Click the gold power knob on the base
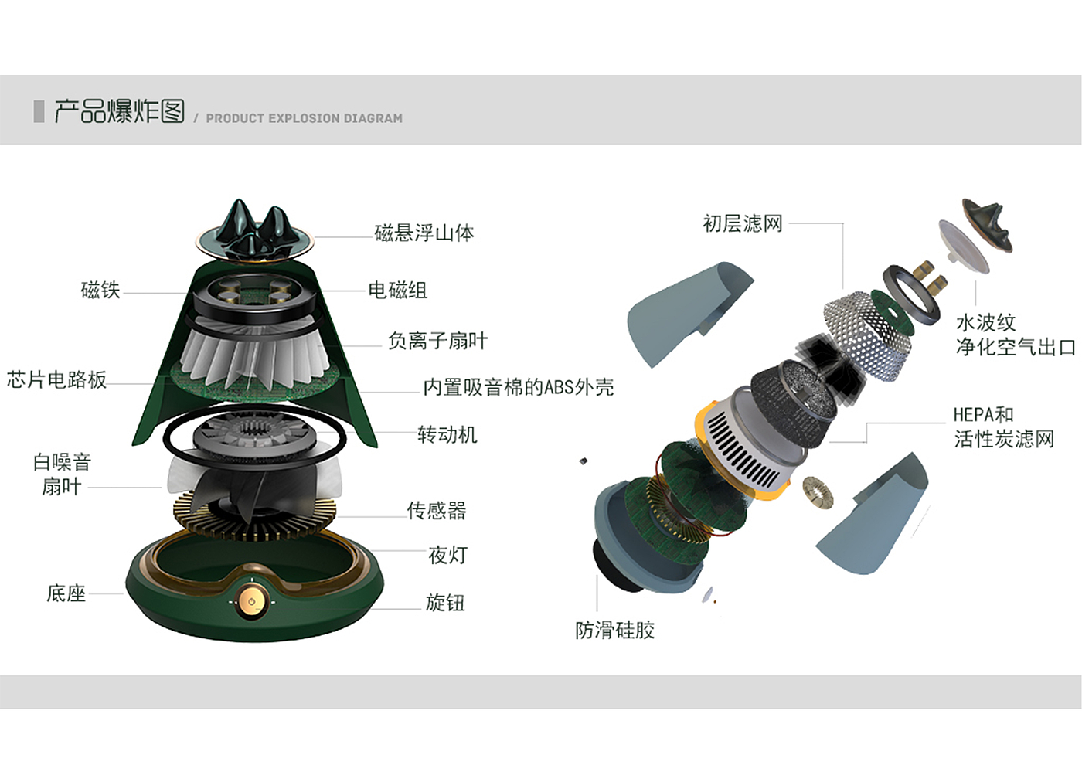252,602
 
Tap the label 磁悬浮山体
424,233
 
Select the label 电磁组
397,291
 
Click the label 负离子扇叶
437,341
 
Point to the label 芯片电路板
56,379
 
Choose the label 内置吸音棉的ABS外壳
519,387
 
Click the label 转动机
447,434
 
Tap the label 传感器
436,511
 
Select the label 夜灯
447,556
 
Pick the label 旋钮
445,602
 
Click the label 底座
66,593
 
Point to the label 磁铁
100,290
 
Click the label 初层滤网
743,223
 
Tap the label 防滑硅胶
614,631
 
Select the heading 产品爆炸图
119,111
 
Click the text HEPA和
983,414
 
